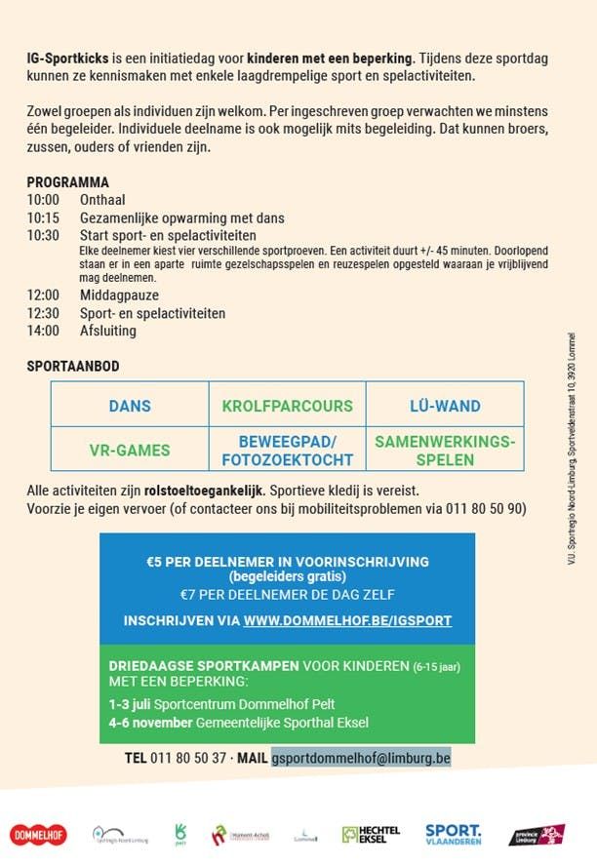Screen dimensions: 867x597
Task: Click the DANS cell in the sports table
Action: click(130, 406)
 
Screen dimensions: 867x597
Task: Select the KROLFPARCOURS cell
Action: click(287, 406)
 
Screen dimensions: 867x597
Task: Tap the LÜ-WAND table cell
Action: click(444, 406)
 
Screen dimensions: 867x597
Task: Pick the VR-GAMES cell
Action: click(130, 451)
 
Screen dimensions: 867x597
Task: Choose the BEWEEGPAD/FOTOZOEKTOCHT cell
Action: click(287, 451)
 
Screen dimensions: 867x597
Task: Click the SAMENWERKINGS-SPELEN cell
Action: click(445, 451)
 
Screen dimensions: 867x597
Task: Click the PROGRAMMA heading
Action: click(67, 182)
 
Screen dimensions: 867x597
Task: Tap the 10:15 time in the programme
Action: click(43, 217)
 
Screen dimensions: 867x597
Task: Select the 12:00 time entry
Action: click(43, 296)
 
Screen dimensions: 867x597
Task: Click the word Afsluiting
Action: click(108, 331)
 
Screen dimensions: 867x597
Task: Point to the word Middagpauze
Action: click(119, 296)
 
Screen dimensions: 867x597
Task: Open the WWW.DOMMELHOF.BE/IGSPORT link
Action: click(347, 620)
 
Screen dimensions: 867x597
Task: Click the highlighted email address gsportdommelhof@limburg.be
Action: click(361, 758)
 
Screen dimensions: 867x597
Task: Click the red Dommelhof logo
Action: click(38, 835)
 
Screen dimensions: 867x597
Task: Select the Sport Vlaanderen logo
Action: click(453, 834)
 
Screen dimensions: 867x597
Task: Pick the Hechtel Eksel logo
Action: click(371, 834)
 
